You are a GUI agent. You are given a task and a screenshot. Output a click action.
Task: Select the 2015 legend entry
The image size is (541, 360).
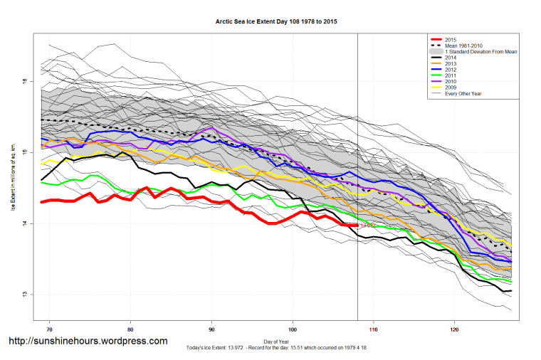click(448, 38)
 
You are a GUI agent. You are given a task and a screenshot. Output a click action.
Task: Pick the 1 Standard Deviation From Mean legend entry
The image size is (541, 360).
click(478, 53)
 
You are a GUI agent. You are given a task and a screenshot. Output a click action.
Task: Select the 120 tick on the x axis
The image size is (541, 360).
click(454, 330)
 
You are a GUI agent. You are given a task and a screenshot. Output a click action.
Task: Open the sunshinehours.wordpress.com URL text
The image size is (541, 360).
click(88, 342)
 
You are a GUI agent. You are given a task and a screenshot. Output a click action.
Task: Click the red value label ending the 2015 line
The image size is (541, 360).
click(368, 226)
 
